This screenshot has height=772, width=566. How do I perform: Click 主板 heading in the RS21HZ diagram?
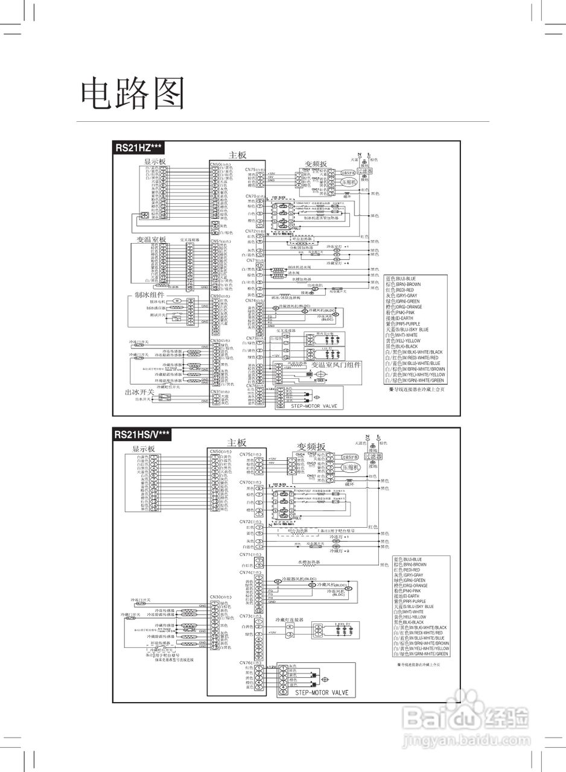[x=237, y=155]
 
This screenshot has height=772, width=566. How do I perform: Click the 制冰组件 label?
[x=149, y=296]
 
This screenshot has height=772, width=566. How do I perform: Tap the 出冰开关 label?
[x=139, y=392]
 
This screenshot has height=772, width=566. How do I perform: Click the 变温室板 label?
[x=151, y=239]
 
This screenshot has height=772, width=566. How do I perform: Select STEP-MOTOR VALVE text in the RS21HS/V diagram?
[x=322, y=692]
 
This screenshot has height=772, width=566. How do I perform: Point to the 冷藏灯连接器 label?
[x=289, y=619]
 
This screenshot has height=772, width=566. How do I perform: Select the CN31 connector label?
[x=218, y=391]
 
